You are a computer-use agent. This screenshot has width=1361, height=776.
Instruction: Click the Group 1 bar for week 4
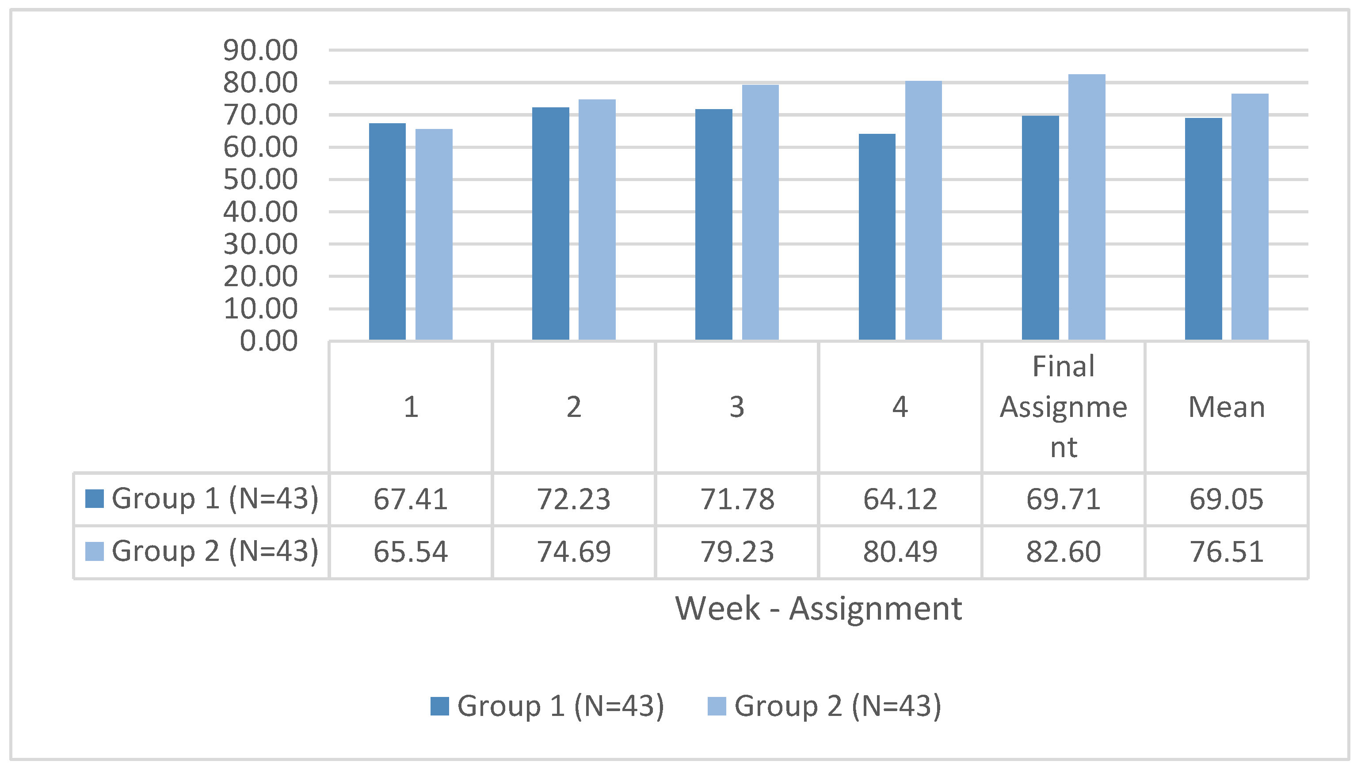(877, 237)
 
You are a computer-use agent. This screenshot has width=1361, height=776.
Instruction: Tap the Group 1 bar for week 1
(387, 231)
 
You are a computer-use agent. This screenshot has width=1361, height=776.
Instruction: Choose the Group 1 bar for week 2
(550, 223)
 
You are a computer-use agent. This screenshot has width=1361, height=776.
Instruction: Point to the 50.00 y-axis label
(260, 180)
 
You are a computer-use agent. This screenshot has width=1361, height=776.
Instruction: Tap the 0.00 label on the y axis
(268, 341)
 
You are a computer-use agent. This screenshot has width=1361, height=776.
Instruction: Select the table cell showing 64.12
(900, 500)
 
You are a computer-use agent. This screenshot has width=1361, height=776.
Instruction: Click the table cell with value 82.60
(1064, 552)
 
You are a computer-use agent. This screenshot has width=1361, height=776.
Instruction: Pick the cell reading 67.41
(411, 500)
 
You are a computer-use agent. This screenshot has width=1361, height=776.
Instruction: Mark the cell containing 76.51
(1227, 552)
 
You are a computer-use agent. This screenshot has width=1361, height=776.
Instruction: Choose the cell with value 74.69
(574, 552)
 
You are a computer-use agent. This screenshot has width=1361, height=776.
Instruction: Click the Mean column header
(1227, 407)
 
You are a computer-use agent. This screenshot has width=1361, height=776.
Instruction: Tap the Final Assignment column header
(1064, 407)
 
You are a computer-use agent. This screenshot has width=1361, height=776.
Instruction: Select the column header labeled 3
(737, 407)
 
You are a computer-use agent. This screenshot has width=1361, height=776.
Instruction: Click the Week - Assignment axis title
(819, 608)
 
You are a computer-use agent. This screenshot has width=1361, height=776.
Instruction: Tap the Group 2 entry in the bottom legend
(824, 706)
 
